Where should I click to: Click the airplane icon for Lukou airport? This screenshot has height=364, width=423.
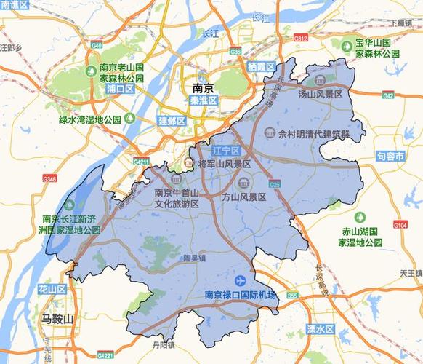point(240,280)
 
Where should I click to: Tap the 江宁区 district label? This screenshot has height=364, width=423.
point(225,151)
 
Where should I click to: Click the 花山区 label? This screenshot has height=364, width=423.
point(52,290)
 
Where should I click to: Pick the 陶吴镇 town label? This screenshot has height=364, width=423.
point(193,258)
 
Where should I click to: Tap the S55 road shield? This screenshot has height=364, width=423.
point(292,296)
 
